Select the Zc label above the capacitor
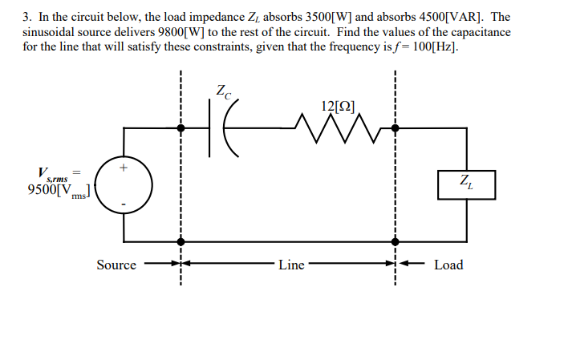[x=223, y=91]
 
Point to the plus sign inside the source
[x=124, y=168]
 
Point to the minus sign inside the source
[x=124, y=204]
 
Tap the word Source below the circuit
[x=116, y=265]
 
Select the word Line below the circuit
[x=291, y=265]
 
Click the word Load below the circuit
[x=448, y=265]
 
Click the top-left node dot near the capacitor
[x=181, y=127]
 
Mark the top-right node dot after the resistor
[x=395, y=127]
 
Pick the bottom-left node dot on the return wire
[x=181, y=241]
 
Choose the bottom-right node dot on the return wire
[x=395, y=241]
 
